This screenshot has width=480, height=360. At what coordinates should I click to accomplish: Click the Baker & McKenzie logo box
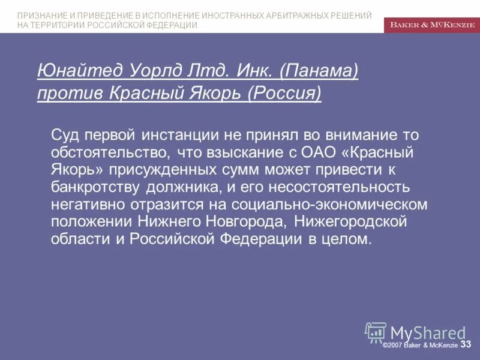point(432,24)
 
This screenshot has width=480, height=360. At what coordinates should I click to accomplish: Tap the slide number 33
point(466,344)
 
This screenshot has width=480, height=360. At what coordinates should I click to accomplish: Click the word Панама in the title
point(319,71)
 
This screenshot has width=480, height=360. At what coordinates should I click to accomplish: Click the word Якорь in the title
point(213,93)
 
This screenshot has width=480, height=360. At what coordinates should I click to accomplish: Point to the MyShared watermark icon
point(376,332)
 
